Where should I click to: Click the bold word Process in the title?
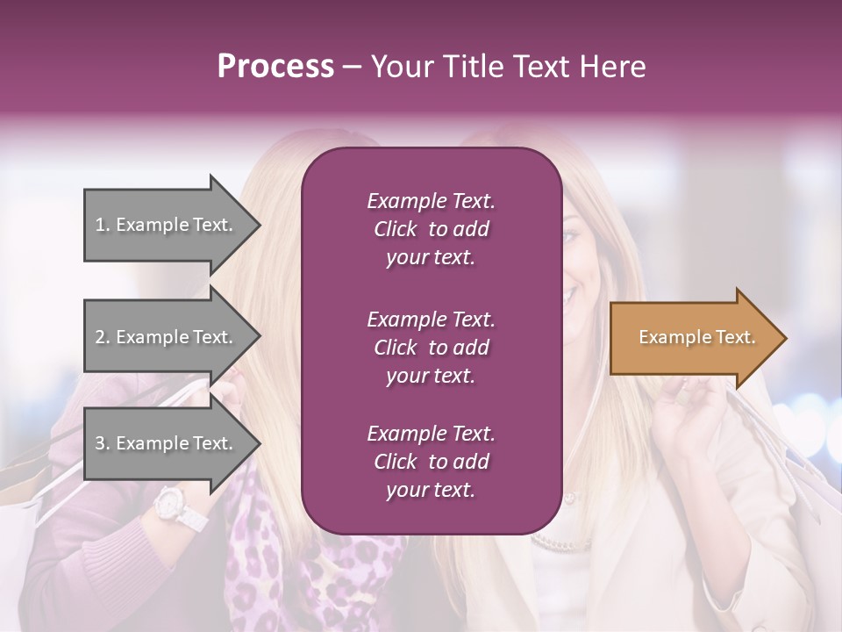click(275, 67)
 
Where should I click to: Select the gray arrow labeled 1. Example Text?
click(167, 225)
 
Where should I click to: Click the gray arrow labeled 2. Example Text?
click(167, 337)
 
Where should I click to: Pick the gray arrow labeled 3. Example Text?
click(167, 443)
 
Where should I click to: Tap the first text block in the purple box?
click(431, 229)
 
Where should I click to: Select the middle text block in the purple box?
click(431, 347)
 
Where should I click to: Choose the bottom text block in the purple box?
click(431, 461)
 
